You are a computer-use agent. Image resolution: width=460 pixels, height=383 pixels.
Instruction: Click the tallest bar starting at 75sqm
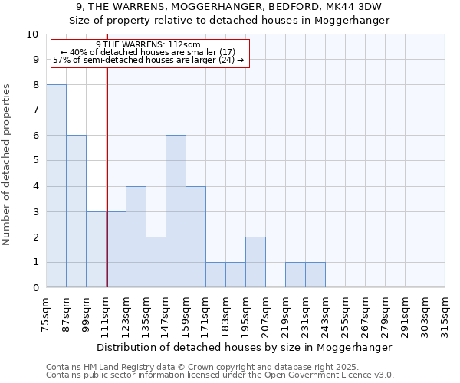56,186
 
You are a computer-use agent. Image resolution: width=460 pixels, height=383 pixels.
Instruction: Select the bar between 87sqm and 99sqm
76,211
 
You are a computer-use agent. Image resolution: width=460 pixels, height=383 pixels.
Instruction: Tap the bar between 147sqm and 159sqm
176,211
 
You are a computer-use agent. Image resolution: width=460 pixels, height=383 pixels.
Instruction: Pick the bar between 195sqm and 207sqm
255,262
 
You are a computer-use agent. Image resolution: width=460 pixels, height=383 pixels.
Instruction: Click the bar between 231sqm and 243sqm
315,275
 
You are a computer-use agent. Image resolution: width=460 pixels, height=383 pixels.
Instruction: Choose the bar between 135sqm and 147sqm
156,262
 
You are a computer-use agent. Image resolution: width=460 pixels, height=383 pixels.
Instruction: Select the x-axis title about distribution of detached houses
245,347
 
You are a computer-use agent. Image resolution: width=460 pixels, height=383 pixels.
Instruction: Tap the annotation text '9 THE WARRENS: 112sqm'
149,45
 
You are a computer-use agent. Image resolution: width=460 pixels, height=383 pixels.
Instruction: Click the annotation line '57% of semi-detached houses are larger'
149,60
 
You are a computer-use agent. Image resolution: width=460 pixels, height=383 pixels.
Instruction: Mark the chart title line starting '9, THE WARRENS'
230,7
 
